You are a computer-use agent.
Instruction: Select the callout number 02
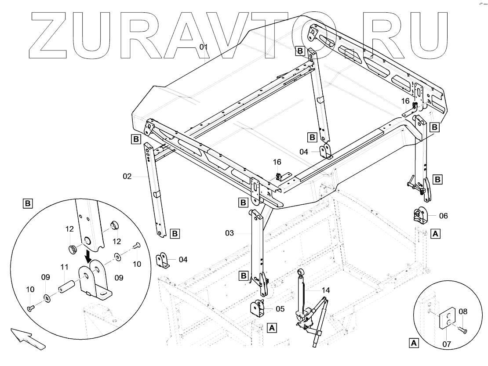pyautogui.click(x=127, y=177)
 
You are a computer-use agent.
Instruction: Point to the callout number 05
pyautogui.click(x=280, y=308)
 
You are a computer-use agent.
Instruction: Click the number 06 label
pyautogui.click(x=443, y=216)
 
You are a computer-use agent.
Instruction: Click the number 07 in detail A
pyautogui.click(x=447, y=344)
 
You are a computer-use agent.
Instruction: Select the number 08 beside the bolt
pyautogui.click(x=463, y=312)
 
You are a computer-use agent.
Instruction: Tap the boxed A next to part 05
pyautogui.click(x=272, y=328)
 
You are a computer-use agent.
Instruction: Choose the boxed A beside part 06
pyautogui.click(x=435, y=233)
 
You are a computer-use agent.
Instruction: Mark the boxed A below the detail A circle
pyautogui.click(x=413, y=342)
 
